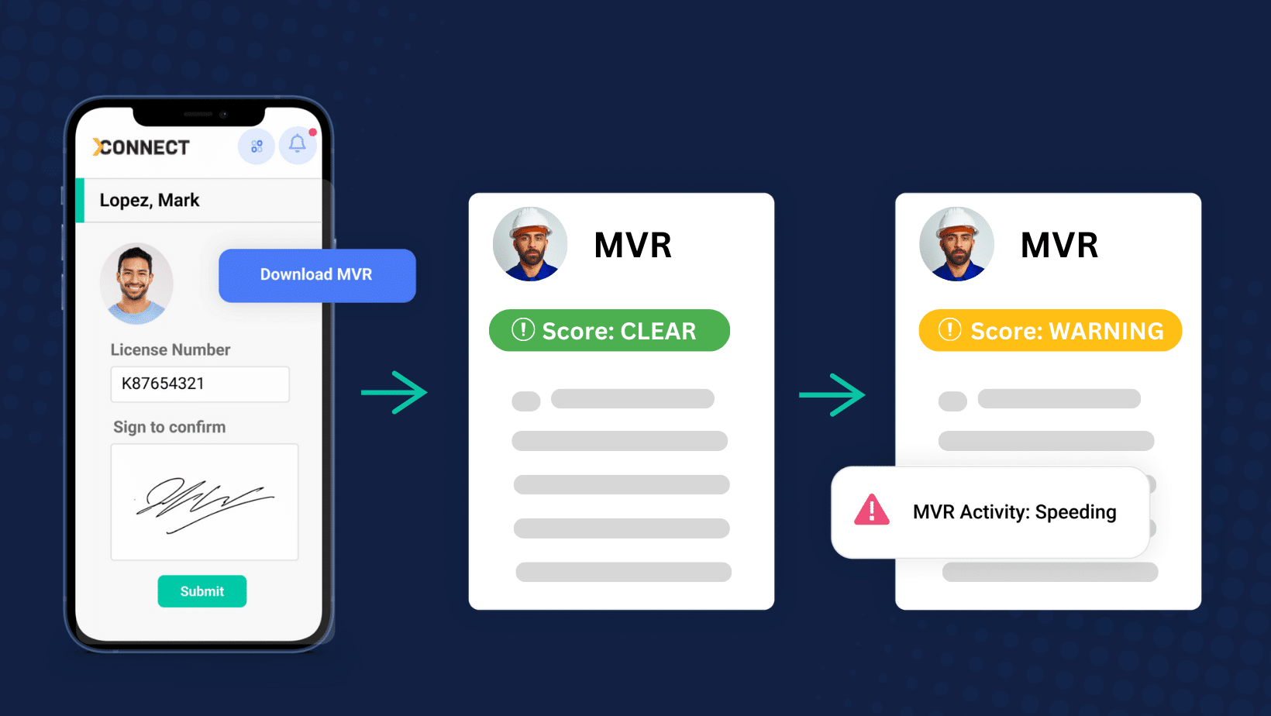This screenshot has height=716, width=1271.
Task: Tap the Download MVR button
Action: tap(317, 275)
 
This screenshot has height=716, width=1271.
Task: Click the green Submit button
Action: tap(202, 591)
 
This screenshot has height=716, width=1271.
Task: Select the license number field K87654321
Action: tap(200, 384)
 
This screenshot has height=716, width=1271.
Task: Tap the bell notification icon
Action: tap(298, 145)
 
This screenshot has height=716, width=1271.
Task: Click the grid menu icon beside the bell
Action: tap(257, 146)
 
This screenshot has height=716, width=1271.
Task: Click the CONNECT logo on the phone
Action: tap(141, 147)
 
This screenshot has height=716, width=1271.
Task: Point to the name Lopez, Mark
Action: tap(150, 200)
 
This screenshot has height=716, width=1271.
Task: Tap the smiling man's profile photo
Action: tap(136, 284)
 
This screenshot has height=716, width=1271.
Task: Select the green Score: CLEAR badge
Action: tap(609, 330)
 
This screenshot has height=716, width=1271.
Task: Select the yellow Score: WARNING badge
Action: tap(1050, 330)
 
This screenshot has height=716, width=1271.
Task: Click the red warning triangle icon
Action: tap(872, 510)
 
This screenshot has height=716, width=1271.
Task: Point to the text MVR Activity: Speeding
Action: tap(1014, 511)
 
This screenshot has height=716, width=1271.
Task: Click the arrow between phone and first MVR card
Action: tap(394, 393)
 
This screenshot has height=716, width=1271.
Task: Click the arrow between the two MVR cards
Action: tap(832, 395)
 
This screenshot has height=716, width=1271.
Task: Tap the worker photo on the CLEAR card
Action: tap(530, 244)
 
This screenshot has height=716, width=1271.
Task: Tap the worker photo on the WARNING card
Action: tap(956, 244)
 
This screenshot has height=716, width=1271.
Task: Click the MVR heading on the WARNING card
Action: tap(1059, 245)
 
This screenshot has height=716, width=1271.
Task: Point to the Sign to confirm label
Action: tap(169, 427)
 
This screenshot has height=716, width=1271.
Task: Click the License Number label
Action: tap(170, 349)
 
